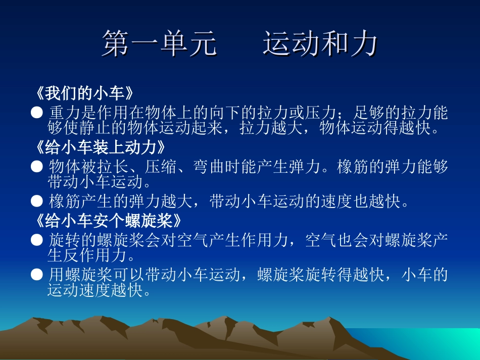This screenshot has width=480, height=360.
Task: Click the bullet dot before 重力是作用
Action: coord(36,113)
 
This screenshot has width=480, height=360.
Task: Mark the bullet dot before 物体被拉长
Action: coord(36,166)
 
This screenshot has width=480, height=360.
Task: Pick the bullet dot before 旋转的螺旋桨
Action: coord(36,239)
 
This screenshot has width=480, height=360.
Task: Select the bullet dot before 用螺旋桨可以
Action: coord(36,275)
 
